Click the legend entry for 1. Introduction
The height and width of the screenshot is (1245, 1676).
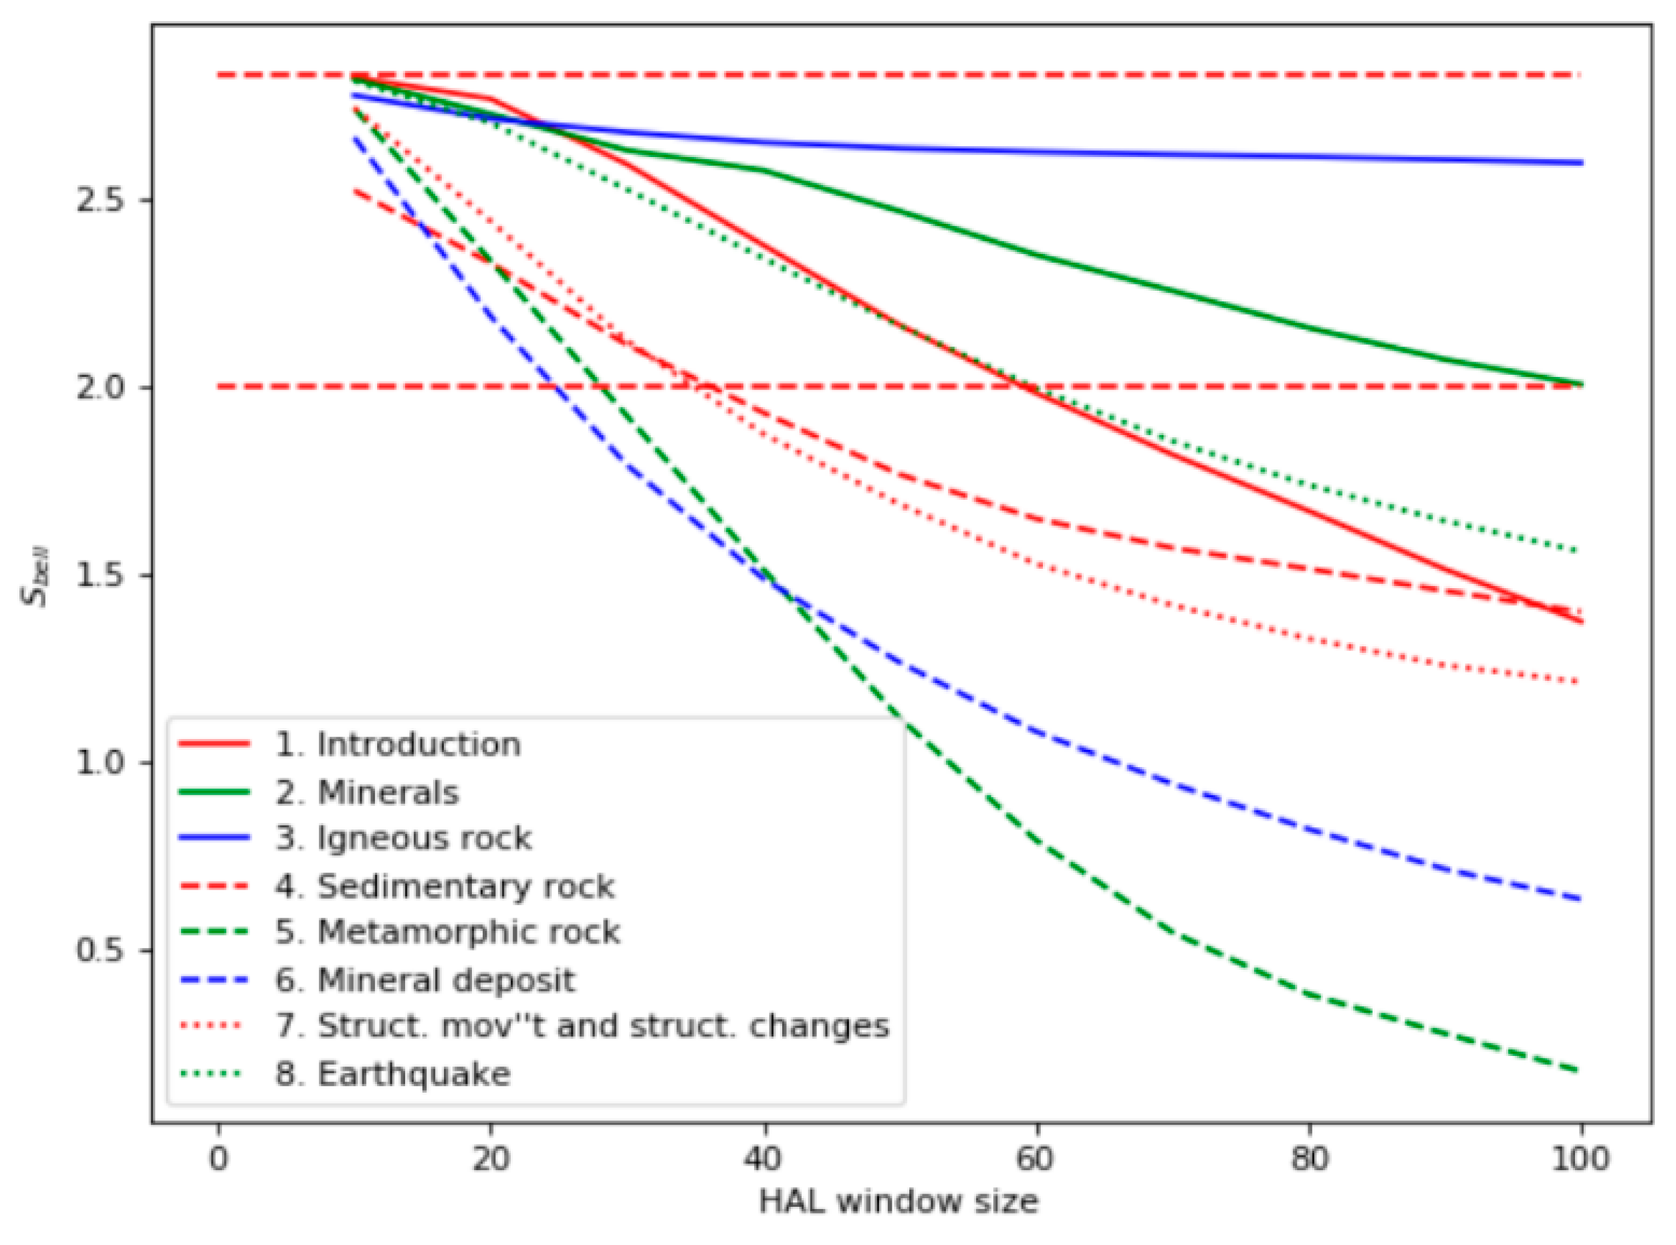(397, 744)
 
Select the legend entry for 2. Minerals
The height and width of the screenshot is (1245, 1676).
(366, 793)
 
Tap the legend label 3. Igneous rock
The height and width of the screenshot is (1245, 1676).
(403, 838)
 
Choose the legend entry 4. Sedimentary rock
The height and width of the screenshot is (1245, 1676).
(445, 886)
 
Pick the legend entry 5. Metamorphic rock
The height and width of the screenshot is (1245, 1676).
(448, 933)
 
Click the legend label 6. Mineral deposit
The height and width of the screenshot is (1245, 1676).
(425, 980)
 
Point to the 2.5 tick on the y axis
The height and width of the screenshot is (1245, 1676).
(106, 200)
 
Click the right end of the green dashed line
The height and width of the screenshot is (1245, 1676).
(1579, 1071)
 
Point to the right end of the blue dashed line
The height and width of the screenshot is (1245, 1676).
(1580, 899)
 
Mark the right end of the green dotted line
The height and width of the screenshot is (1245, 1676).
(1579, 551)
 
